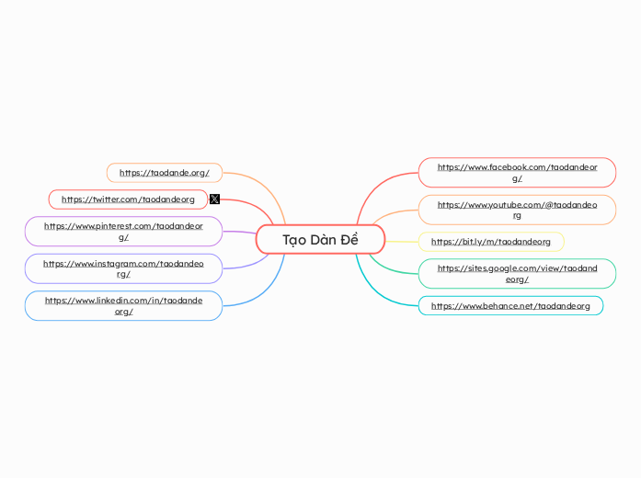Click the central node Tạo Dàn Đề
click(x=320, y=240)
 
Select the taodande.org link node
click(x=165, y=172)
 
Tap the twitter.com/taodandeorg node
click(x=128, y=199)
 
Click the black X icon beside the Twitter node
click(x=214, y=199)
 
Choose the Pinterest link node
click(x=123, y=231)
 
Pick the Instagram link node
click(x=123, y=268)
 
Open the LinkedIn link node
click(x=123, y=306)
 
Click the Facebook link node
click(x=517, y=172)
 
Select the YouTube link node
click(x=517, y=210)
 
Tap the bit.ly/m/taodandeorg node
click(x=491, y=242)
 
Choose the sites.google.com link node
click(x=517, y=273)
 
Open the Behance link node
click(x=510, y=305)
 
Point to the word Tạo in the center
click(x=294, y=240)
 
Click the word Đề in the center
click(x=349, y=240)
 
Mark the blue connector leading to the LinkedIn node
click(x=262, y=290)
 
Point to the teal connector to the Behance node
click(x=382, y=292)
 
